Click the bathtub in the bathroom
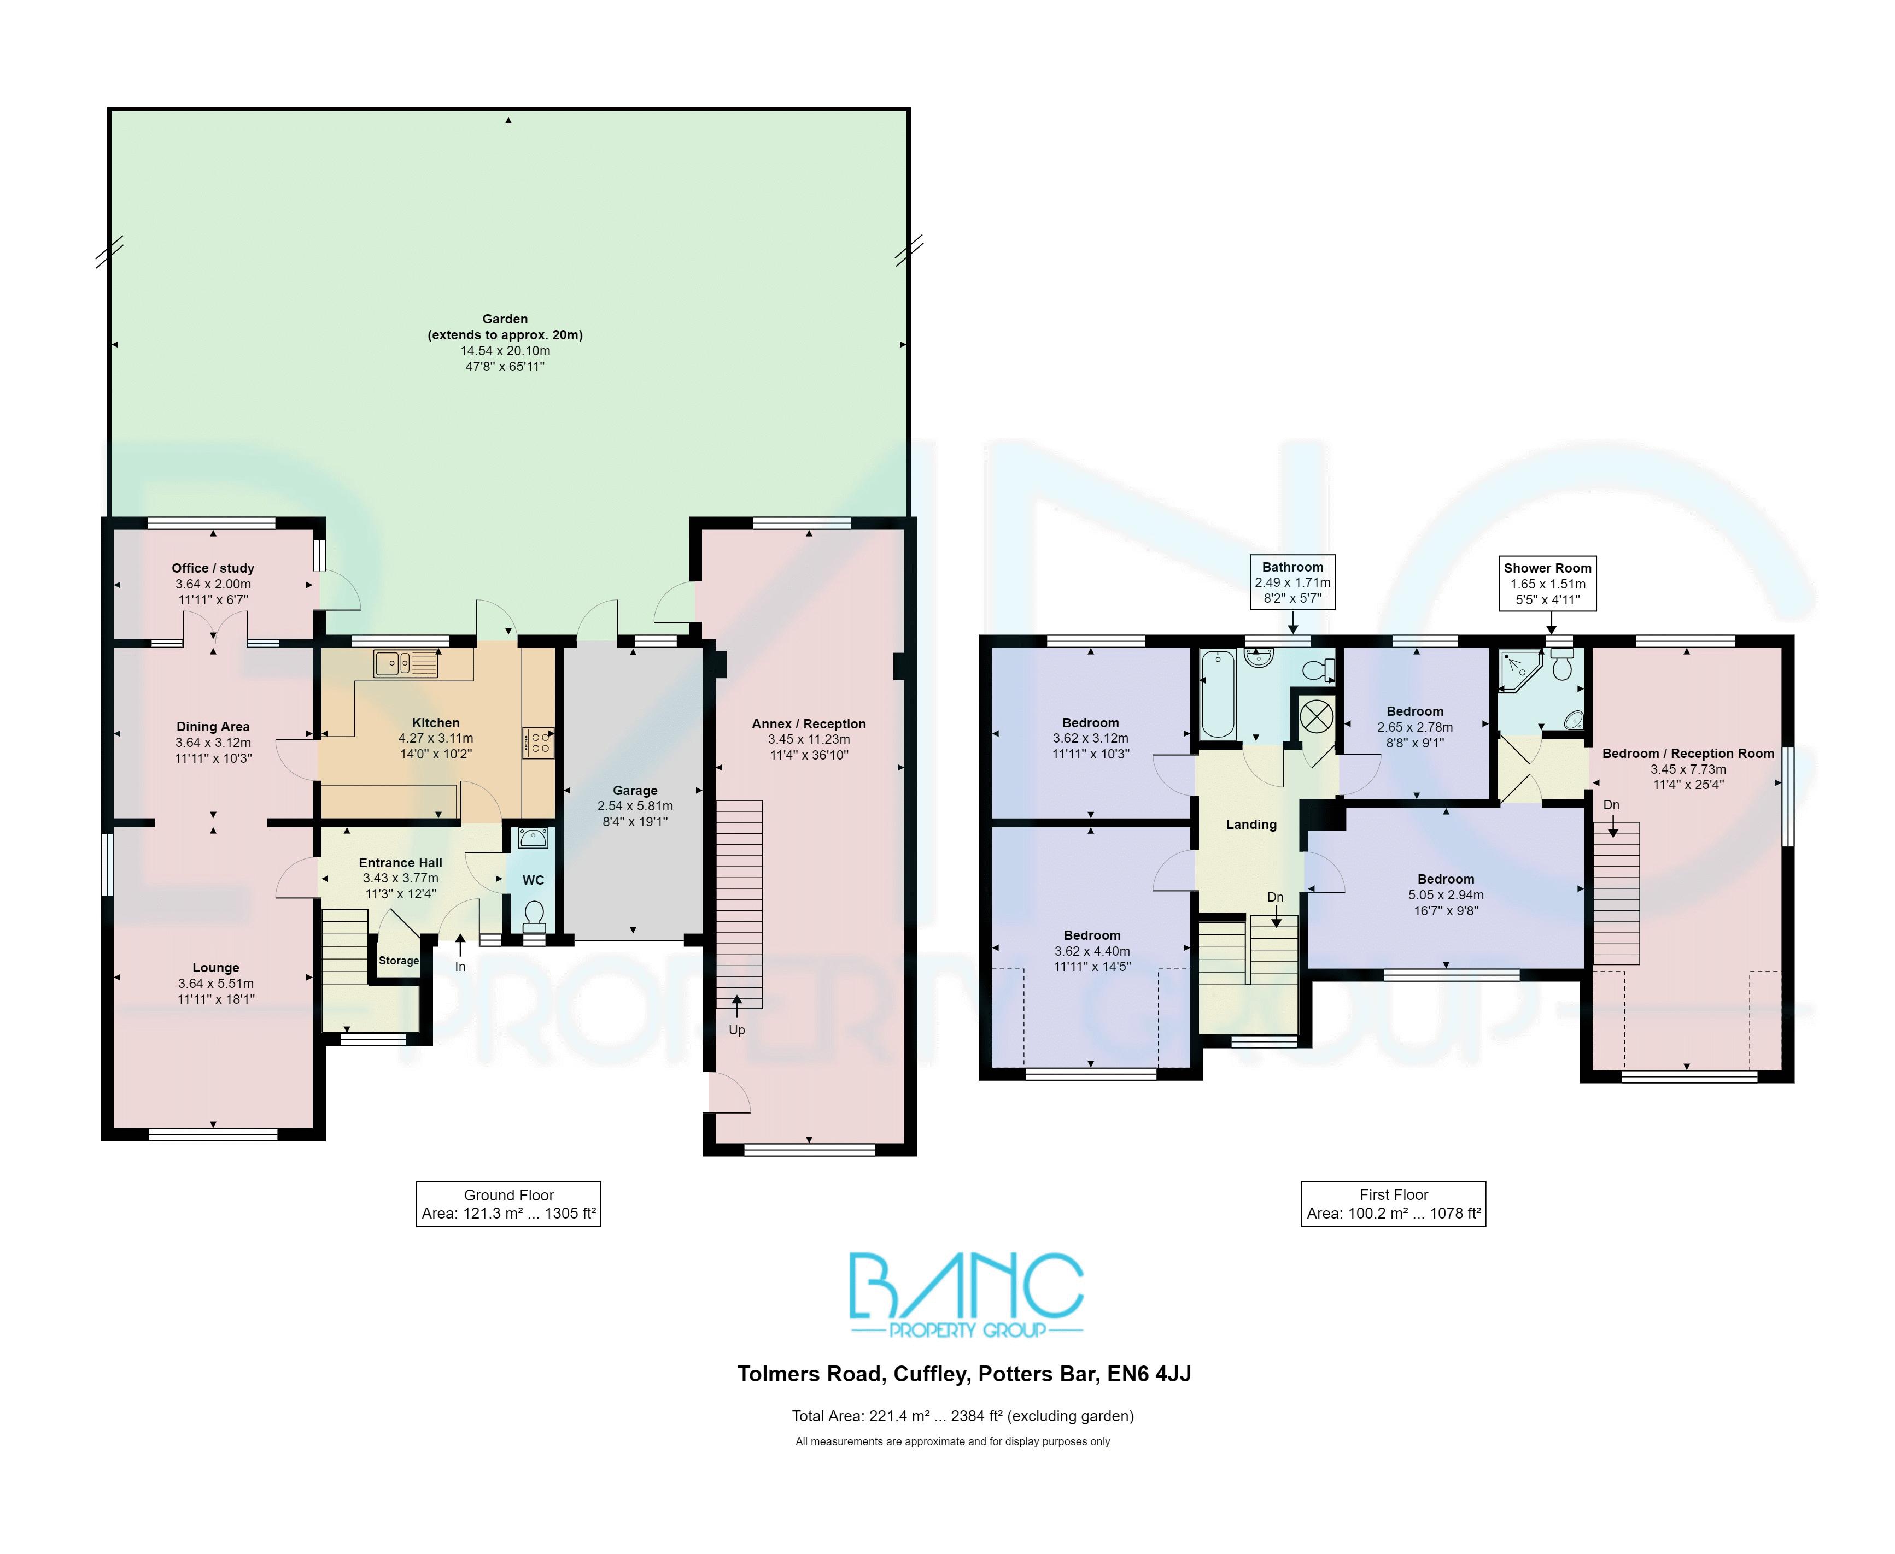[x=1218, y=694]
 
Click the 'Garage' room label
[x=635, y=791]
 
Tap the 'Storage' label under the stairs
[x=399, y=961]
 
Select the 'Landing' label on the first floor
[x=1251, y=825]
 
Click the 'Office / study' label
[x=213, y=568]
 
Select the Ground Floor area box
[x=508, y=1204]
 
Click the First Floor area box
[x=1394, y=1204]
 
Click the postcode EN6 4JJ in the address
[x=1149, y=1374]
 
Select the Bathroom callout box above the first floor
[x=1292, y=582]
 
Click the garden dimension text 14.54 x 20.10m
[x=505, y=351]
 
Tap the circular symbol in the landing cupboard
[x=1315, y=715]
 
